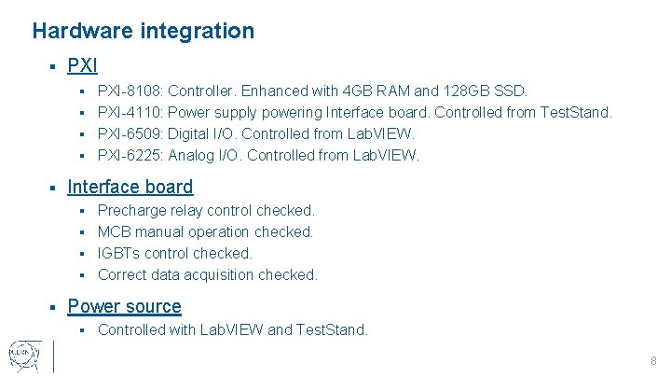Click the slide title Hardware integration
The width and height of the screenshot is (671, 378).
143,31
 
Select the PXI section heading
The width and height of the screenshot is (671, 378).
82,66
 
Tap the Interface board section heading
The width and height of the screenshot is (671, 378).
130,187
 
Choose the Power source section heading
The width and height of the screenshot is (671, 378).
124,306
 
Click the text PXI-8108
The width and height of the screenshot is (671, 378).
130,91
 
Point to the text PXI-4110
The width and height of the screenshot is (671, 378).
130,113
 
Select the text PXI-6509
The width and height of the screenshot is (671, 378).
130,134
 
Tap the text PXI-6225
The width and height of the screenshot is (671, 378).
130,156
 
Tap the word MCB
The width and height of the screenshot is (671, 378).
114,232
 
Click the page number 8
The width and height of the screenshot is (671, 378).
653,361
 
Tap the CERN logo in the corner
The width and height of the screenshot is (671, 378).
22,356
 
